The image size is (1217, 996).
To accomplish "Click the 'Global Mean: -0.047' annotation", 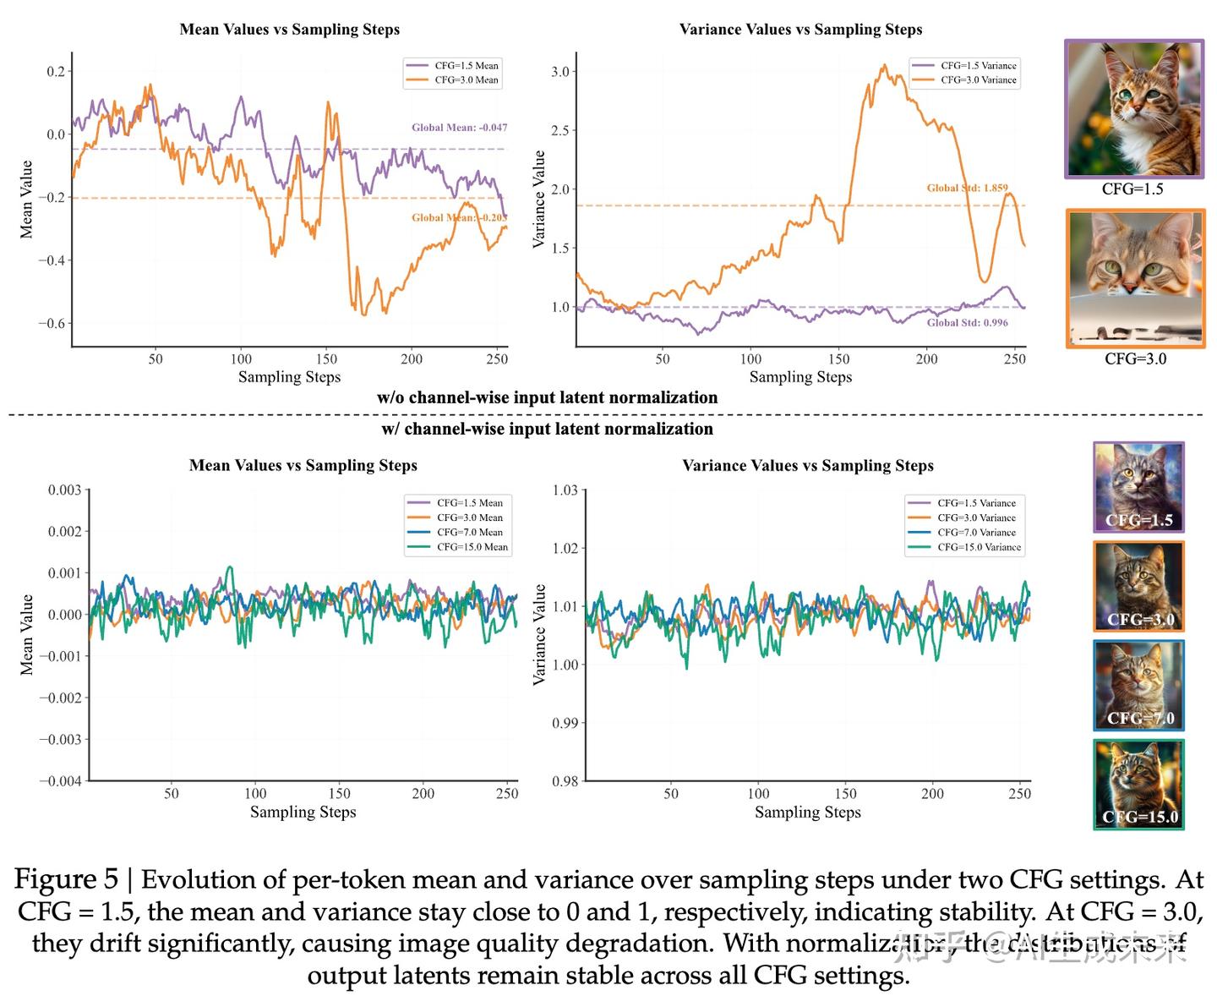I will tap(459, 128).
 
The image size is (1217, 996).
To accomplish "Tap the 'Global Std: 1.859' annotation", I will tap(967, 188).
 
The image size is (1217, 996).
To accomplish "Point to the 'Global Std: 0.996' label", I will tap(967, 322).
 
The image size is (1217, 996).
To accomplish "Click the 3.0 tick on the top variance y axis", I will tap(560, 71).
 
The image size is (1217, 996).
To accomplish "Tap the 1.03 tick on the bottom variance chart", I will tap(565, 490).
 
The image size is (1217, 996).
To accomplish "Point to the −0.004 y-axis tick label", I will tap(60, 780).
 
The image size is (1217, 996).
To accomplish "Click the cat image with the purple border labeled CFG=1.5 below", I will tap(1133, 108).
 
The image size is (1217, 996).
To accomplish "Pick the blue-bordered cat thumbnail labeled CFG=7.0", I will tap(1138, 685).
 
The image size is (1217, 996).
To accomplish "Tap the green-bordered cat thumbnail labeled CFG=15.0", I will tap(1138, 784).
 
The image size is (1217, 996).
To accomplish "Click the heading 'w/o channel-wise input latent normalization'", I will tap(547, 397).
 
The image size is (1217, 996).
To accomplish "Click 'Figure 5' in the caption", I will tap(66, 879).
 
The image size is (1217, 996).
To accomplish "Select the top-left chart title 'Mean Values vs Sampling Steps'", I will tap(289, 30).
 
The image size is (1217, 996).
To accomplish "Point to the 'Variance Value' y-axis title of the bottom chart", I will tap(539, 634).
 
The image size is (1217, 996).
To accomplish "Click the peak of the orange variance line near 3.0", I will tap(884, 65).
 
